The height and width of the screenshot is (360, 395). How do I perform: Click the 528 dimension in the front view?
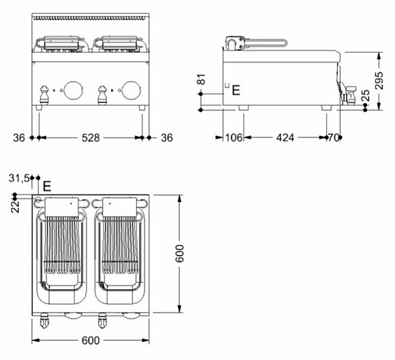point(91,138)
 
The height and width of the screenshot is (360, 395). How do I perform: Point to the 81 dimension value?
point(201,81)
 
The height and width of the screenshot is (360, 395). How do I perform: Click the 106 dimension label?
point(234,138)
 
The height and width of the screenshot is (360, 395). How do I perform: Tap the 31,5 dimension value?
point(19,178)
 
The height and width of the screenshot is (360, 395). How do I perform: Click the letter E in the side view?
point(236,89)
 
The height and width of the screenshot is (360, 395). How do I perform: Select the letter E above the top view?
point(47,185)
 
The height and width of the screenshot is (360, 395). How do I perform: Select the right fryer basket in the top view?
point(122,251)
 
